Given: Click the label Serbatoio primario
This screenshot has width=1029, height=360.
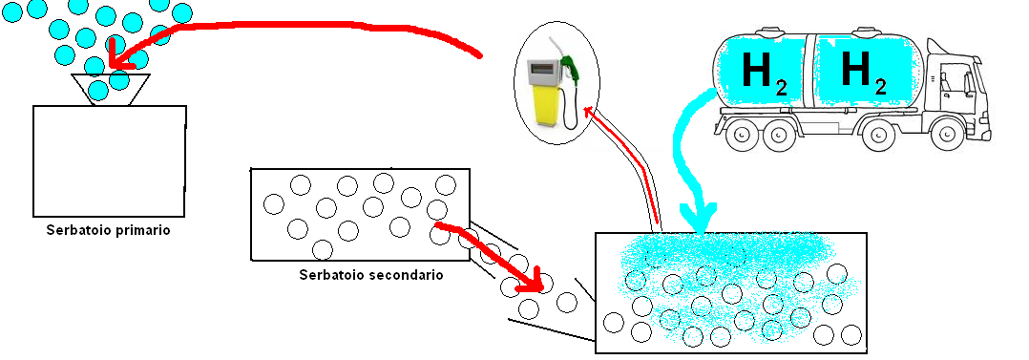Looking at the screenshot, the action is point(108,230).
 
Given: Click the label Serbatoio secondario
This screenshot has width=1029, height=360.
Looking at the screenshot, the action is point(370,274).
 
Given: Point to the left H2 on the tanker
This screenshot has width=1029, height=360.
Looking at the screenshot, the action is point(764,73).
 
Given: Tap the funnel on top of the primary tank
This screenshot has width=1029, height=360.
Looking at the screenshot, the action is point(110,90).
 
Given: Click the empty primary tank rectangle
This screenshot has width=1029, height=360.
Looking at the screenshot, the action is point(110,161).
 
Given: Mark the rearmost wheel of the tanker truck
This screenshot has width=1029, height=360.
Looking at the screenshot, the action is point(741,134).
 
